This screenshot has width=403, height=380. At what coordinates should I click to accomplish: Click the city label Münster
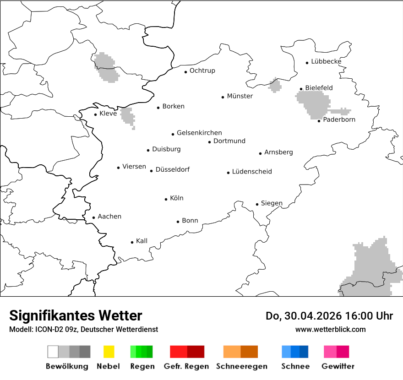pos(240,96)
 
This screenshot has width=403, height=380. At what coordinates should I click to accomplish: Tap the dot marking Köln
pos(166,199)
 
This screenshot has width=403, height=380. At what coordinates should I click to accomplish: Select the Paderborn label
pos(339,119)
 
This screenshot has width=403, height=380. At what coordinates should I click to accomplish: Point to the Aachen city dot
pos(93,217)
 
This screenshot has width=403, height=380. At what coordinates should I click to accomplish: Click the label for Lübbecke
pos(327,61)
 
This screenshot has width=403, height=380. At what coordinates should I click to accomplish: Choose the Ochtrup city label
pos(202,71)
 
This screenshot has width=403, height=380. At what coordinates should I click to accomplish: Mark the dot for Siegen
pos(257,204)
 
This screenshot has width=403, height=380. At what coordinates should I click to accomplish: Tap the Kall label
pos(142,241)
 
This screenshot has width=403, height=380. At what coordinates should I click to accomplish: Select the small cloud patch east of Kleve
pos(128,115)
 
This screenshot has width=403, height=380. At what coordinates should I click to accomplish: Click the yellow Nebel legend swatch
pos(109,352)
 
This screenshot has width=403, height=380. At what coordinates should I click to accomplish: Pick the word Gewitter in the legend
pos(338,366)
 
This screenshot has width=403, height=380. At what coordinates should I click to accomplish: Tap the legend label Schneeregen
pos(242,366)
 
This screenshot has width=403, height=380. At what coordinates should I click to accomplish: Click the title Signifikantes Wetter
pos(76,315)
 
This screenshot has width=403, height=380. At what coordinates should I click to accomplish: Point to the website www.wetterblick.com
pos(331,329)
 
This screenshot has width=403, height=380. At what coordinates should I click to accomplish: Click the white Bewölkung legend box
pos(53,352)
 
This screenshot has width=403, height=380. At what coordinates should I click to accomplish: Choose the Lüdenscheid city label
pos(252,172)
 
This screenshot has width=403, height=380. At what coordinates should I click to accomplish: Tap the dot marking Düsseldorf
pos(151,171)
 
